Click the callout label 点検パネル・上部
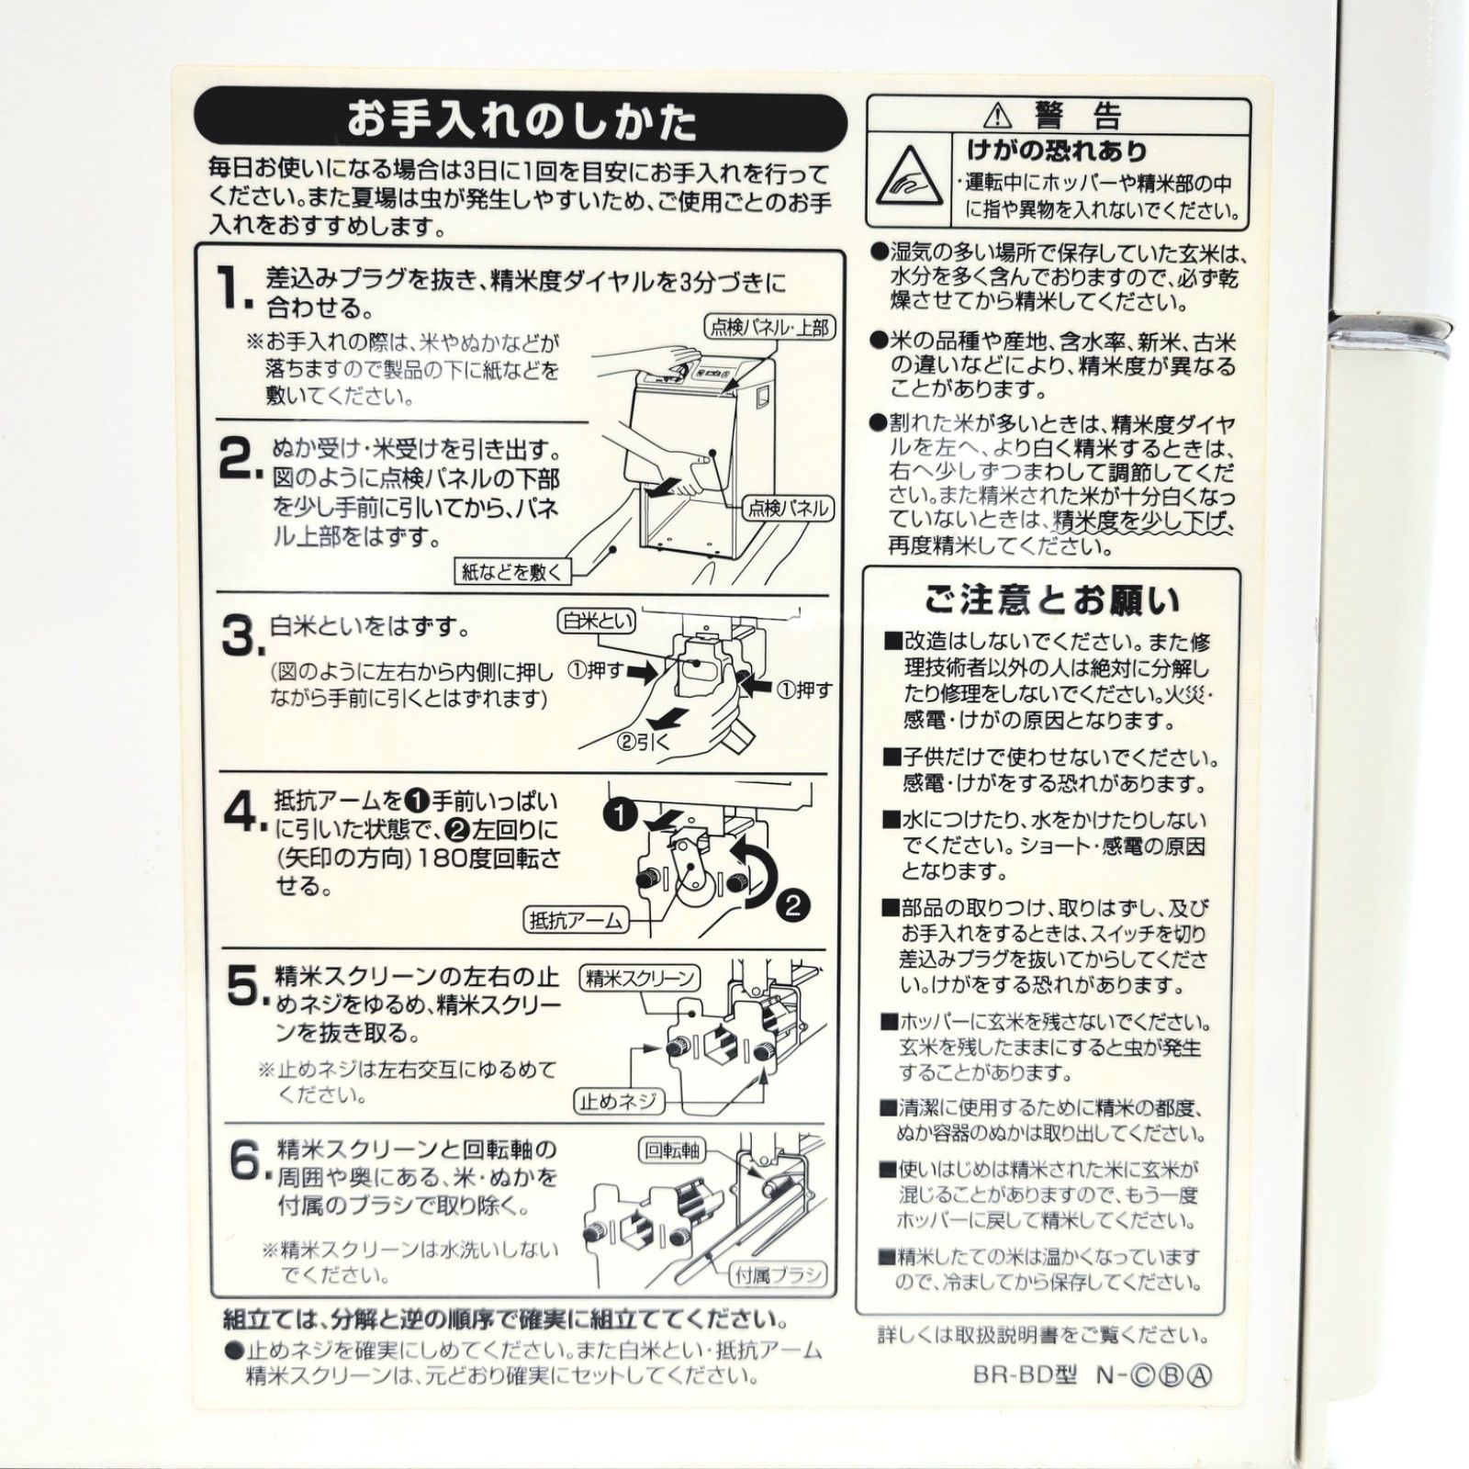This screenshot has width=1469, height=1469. click(770, 328)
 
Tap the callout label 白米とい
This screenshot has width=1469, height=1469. click(598, 622)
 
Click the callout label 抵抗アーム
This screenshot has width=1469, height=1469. click(576, 919)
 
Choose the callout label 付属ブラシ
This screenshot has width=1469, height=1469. click(777, 1274)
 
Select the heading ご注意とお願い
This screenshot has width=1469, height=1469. click(1051, 600)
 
